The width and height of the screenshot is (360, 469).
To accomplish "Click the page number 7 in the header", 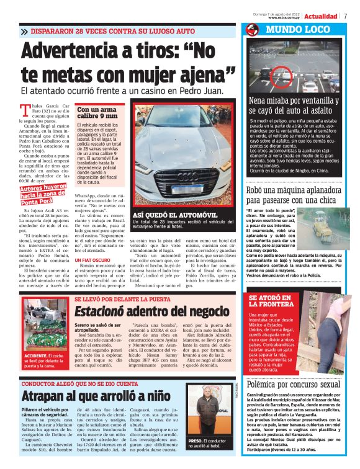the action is [x=344, y=16].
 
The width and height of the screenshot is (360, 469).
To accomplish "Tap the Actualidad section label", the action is [x=321, y=16].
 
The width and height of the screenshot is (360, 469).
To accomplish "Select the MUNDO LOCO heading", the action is [x=287, y=29].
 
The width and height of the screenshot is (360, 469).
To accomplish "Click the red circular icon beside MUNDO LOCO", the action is [x=252, y=29].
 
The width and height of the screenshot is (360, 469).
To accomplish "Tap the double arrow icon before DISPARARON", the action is [x=24, y=30].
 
